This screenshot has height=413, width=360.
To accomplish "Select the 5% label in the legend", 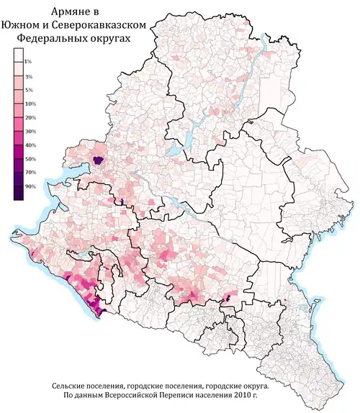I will pos(28,90).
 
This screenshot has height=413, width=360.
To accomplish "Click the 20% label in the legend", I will pos(30,118).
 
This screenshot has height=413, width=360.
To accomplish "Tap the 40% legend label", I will pos(30,146).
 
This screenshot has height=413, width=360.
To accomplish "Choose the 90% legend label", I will pos(30,187).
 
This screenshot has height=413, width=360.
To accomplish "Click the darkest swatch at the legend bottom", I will pos(18,194).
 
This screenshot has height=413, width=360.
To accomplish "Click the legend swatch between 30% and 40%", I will pos(18,139).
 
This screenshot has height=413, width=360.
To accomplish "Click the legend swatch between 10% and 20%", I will pos(18,111).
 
